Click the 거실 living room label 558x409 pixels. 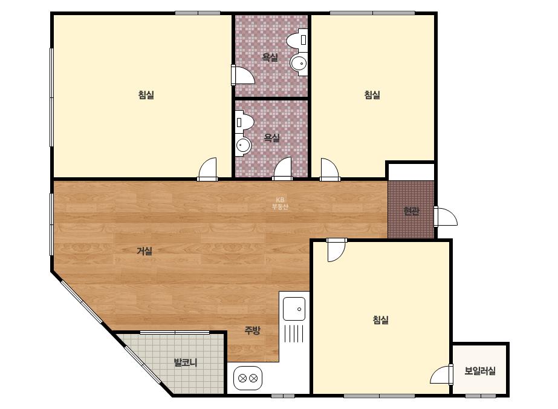(x=144, y=251)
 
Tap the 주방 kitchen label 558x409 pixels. (x=252, y=330)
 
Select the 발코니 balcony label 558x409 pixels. (x=186, y=362)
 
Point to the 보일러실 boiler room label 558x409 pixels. (x=479, y=371)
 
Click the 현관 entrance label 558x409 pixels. (x=411, y=211)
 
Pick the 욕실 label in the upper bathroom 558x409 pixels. (x=270, y=57)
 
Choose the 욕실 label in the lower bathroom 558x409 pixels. (x=272, y=138)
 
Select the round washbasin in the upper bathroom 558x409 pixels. (x=299, y=64)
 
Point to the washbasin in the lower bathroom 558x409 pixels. (x=244, y=145)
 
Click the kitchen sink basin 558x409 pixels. (x=294, y=309)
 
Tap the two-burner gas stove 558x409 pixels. (x=248, y=378)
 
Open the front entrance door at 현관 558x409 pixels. (x=445, y=217)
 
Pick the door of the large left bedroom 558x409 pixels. (x=207, y=169)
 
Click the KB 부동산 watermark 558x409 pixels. (x=280, y=203)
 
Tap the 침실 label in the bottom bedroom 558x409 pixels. (x=380, y=319)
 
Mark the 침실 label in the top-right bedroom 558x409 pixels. (x=372, y=95)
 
